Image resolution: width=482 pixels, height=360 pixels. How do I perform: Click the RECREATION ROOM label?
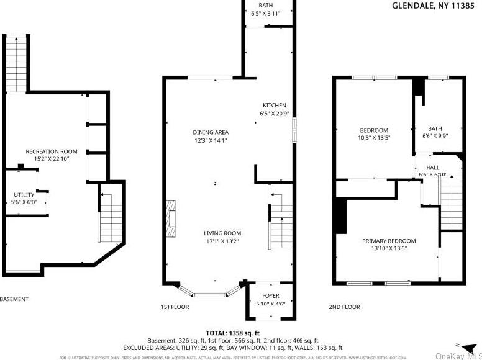51,151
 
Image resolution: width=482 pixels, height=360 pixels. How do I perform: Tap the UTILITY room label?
24,195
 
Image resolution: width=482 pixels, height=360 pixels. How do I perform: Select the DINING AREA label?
210,132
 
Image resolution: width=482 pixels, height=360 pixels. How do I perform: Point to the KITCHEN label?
274,106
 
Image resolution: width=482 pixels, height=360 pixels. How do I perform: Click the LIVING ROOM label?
222,233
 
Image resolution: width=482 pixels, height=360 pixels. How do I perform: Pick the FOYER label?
270,296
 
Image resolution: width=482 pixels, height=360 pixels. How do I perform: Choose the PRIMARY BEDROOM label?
389,241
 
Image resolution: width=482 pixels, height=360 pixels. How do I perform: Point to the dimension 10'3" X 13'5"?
374,138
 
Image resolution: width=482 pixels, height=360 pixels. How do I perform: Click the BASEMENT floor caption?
14,299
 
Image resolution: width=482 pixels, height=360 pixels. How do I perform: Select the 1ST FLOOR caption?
175,307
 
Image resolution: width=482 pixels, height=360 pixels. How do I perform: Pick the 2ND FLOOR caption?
344,307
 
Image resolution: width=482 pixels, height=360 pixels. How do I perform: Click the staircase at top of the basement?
16,63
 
